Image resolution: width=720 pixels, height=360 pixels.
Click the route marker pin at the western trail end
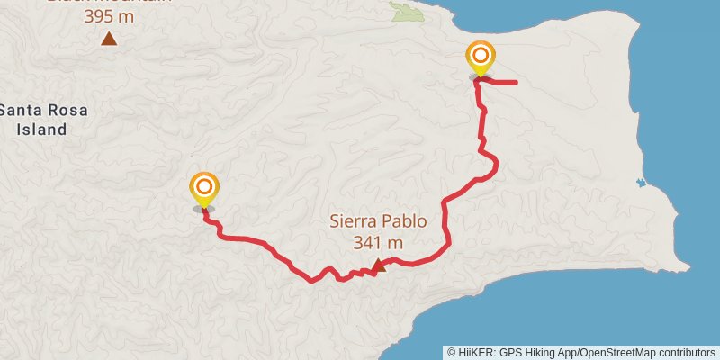[x=204, y=190]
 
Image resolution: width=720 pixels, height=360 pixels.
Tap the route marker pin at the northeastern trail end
[x=481, y=58]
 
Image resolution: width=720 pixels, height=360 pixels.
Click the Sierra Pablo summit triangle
[x=380, y=265]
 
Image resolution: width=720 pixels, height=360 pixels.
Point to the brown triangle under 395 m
[x=109, y=39]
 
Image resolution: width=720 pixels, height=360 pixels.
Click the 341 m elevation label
[x=378, y=242]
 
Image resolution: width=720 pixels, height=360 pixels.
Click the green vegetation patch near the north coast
[x=407, y=12]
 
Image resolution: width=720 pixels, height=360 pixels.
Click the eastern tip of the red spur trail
[x=515, y=83]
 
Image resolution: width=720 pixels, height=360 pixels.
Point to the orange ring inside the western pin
[x=204, y=187]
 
